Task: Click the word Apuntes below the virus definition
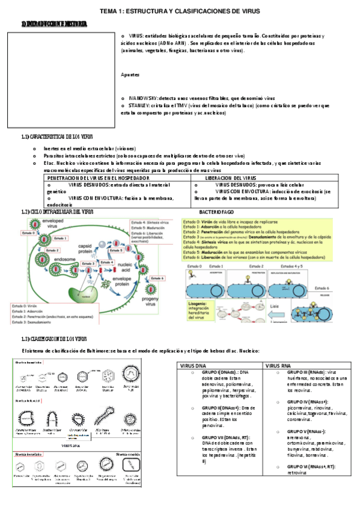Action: click(130, 75)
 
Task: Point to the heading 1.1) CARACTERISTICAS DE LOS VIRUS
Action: click(56, 138)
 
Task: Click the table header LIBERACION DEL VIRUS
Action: click(231, 179)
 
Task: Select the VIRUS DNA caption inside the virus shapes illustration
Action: click(72, 446)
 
